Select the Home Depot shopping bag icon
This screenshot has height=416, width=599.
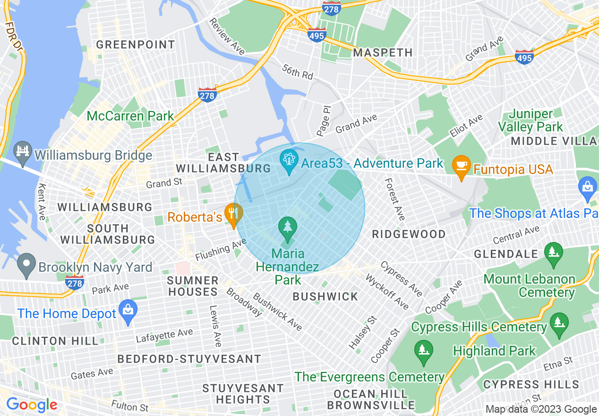pyautogui.click(x=128, y=310)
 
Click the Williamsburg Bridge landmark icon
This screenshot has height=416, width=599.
pyautogui.click(x=22, y=151)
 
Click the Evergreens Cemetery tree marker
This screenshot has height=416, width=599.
pyautogui.click(x=423, y=351)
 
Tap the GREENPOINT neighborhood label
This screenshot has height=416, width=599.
pyautogui.click(x=136, y=45)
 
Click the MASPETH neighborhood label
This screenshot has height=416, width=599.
pyautogui.click(x=383, y=52)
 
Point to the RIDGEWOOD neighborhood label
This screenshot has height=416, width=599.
pyautogui.click(x=409, y=234)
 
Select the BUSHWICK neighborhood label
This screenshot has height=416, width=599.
pyautogui.click(x=325, y=296)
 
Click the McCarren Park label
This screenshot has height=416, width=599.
pyautogui.click(x=130, y=116)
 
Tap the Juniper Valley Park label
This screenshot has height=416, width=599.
pyautogui.click(x=531, y=121)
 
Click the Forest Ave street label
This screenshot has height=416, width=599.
pyautogui.click(x=394, y=199)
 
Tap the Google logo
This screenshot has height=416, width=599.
pyautogui.click(x=31, y=405)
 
